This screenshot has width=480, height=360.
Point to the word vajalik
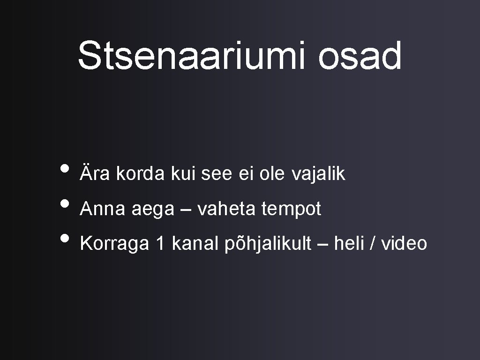point(319,174)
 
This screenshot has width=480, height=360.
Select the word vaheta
point(226,209)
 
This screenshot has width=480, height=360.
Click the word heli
point(350,244)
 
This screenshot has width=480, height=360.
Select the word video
point(404,244)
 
